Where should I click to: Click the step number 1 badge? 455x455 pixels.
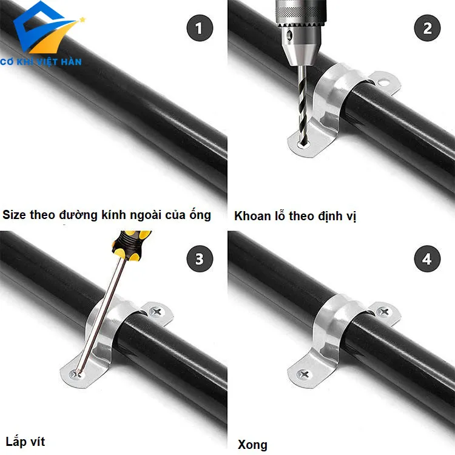click(x=200, y=28)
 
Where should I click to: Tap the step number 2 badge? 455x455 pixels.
click(x=427, y=28)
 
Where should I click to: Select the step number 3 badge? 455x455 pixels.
click(x=200, y=258)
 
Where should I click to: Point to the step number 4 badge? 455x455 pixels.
click(x=427, y=258)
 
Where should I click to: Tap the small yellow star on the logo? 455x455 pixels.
click(x=83, y=20)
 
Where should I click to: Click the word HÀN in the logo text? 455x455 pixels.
click(x=71, y=61)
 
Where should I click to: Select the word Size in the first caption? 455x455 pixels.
click(x=14, y=215)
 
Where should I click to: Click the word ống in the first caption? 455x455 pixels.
click(x=200, y=214)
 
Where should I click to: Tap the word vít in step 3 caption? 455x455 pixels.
click(x=38, y=442)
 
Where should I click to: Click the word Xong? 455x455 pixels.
click(x=252, y=445)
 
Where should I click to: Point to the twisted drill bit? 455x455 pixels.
click(x=302, y=105)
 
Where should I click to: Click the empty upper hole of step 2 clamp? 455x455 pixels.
click(x=383, y=83)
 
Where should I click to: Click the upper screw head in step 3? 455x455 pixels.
click(x=157, y=312)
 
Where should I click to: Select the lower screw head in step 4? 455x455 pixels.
click(x=304, y=375)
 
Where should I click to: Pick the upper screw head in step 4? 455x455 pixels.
click(x=384, y=312)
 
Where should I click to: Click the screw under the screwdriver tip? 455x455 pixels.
click(x=76, y=374)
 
